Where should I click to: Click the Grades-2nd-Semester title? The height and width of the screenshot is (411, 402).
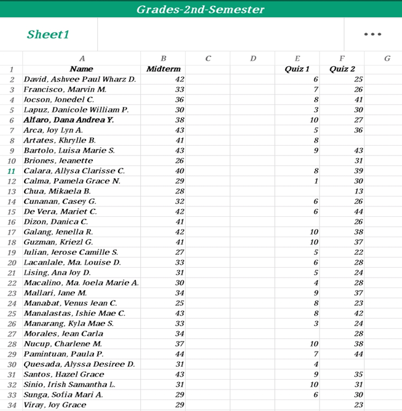tap(200, 9)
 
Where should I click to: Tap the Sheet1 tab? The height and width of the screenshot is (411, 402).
tap(48, 34)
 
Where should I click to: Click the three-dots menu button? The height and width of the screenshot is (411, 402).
tap(372, 34)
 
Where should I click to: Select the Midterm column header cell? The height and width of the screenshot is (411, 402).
tap(163, 69)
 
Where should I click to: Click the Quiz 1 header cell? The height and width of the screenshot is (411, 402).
tap(297, 69)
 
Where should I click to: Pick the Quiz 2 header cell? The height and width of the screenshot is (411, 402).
tap(342, 69)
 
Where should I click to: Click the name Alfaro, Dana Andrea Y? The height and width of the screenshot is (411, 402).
tap(68, 120)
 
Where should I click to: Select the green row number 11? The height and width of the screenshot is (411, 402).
tap(11, 171)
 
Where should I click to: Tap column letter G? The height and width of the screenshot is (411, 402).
tap(387, 58)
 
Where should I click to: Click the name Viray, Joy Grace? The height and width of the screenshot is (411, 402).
tap(55, 405)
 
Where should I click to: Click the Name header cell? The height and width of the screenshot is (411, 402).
tap(82, 69)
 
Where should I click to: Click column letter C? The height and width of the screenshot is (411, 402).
tap(208, 58)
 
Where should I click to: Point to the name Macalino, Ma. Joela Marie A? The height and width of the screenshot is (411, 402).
tap(81, 283)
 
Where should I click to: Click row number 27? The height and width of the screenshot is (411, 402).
tap(11, 334)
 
